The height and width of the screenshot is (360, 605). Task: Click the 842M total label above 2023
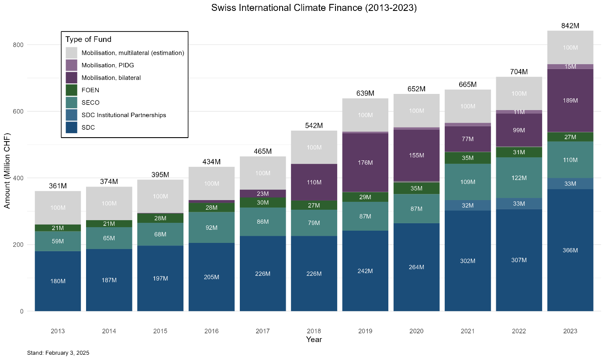coord(570,26)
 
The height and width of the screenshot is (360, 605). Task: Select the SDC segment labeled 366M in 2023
coord(570,250)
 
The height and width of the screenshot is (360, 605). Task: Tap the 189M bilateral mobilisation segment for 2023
coord(570,100)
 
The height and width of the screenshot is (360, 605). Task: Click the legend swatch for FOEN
coord(72,90)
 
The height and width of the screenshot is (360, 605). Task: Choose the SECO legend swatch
coord(72,103)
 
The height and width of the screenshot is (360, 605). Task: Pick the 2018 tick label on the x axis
coord(314,331)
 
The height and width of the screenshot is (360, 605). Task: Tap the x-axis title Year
coord(314,339)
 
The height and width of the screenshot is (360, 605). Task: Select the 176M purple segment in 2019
coord(365,163)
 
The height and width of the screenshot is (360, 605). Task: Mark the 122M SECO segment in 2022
coord(519,178)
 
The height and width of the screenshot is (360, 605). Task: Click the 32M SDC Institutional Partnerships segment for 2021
coord(467,205)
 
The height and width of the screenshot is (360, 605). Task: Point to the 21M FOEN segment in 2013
coord(58,228)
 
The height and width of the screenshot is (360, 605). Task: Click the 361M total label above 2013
coord(58,186)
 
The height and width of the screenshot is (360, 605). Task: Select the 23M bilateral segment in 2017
coord(263,194)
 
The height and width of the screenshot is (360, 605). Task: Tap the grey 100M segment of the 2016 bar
coord(211,183)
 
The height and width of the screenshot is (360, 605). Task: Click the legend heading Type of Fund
coord(88,39)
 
